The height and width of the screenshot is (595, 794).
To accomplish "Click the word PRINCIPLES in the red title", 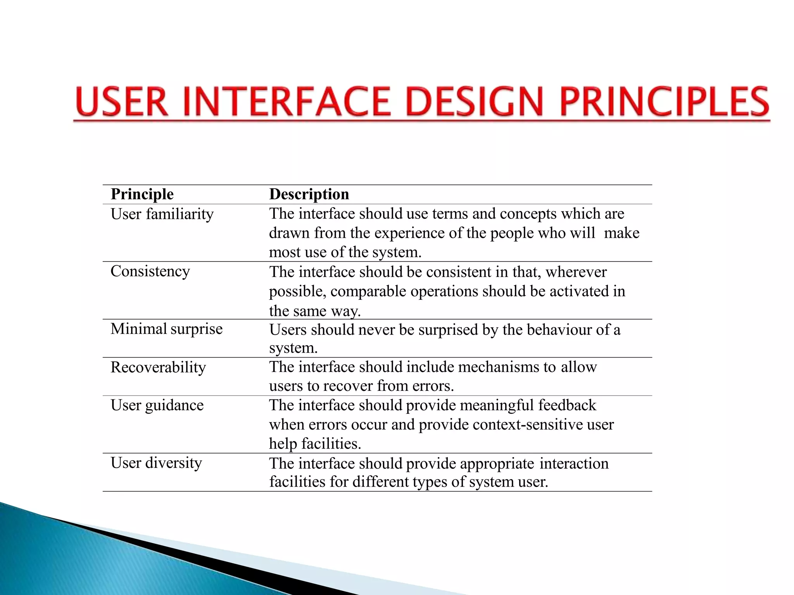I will (665, 101).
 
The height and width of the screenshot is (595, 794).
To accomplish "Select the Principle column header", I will (142, 194).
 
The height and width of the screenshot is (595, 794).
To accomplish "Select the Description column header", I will (309, 194).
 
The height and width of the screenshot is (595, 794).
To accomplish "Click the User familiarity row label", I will (162, 214).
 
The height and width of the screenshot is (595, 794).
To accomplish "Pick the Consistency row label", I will (150, 271).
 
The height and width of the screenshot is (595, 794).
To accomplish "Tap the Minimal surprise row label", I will (166, 329).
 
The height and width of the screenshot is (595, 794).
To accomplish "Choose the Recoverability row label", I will (158, 367).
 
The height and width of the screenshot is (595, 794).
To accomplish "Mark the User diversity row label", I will (156, 463).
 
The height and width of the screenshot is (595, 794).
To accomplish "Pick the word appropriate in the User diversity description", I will (497, 464).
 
